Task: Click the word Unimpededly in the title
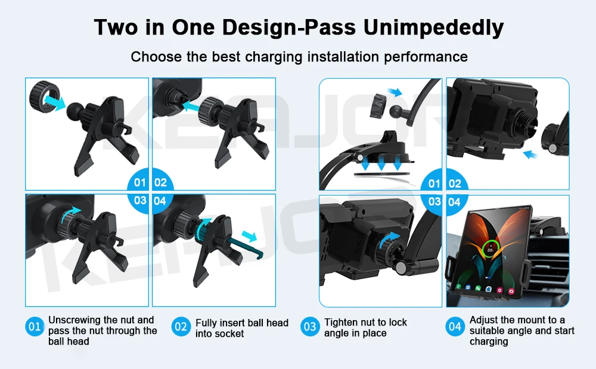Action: tap(433, 28)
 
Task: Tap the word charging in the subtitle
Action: tap(274, 57)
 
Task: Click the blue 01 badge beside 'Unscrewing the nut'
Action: tap(35, 327)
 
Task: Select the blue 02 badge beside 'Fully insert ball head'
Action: tap(181, 327)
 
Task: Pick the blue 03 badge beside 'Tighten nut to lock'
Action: tap(310, 327)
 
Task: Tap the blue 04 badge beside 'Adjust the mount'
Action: tap(455, 327)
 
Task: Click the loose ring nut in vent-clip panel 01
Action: tap(44, 97)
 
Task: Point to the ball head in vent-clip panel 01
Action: tap(75, 111)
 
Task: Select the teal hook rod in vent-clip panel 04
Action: tap(243, 247)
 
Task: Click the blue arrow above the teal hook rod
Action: tap(250, 236)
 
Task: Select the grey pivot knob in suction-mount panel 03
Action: tap(401, 268)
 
